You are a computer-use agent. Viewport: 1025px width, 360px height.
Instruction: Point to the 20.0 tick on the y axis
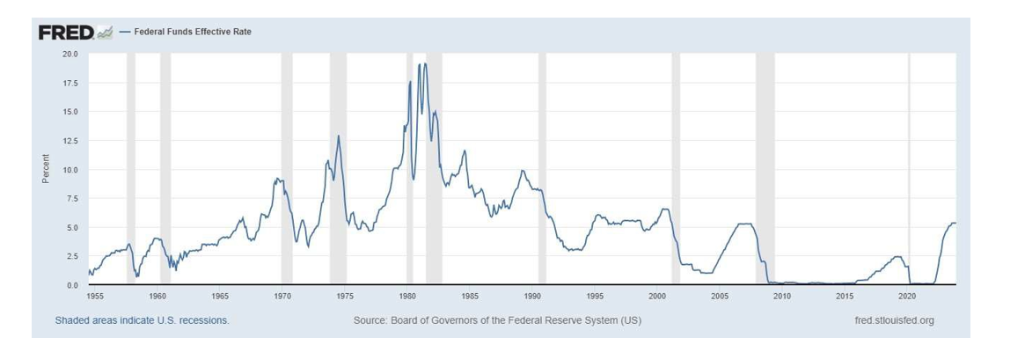pyautogui.click(x=70, y=55)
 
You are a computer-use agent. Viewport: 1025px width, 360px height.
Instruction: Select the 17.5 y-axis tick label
pyautogui.click(x=70, y=84)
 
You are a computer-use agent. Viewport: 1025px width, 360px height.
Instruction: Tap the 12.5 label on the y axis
pyautogui.click(x=70, y=141)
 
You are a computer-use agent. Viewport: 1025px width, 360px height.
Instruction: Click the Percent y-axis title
pyautogui.click(x=46, y=169)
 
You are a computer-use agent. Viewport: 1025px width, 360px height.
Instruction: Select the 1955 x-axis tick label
pyautogui.click(x=96, y=296)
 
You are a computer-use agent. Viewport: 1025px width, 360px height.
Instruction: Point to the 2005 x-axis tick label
pyautogui.click(x=720, y=296)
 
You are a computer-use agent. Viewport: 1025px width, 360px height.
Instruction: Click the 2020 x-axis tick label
pyautogui.click(x=907, y=296)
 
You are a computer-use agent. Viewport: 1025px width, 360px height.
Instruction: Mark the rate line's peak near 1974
pyautogui.click(x=338, y=136)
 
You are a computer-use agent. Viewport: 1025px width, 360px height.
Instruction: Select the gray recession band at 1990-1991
pyautogui.click(x=542, y=167)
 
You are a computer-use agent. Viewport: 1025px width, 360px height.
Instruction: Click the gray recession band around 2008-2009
pyautogui.click(x=765, y=167)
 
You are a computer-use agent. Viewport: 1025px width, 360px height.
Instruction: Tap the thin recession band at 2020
pyautogui.click(x=910, y=167)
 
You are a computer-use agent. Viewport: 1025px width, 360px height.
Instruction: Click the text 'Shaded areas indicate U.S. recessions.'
pyautogui.click(x=142, y=320)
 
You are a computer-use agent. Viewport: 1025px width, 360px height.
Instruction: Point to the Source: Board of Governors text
pyautogui.click(x=497, y=320)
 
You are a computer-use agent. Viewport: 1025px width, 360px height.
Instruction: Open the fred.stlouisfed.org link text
pyautogui.click(x=894, y=320)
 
